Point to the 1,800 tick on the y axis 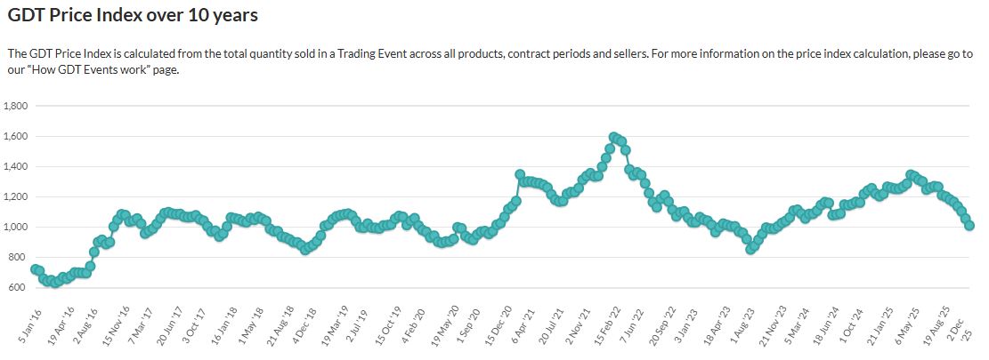tap(17, 106)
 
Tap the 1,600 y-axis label tap(17, 136)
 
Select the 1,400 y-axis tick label tap(17, 166)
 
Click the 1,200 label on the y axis tap(17, 196)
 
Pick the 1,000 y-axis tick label tap(17, 227)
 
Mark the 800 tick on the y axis tap(20, 257)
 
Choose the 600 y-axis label tap(20, 287)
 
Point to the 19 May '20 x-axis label tap(444, 326)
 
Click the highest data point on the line tap(613, 137)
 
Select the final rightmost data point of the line tap(969, 226)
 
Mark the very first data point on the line tap(35, 268)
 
